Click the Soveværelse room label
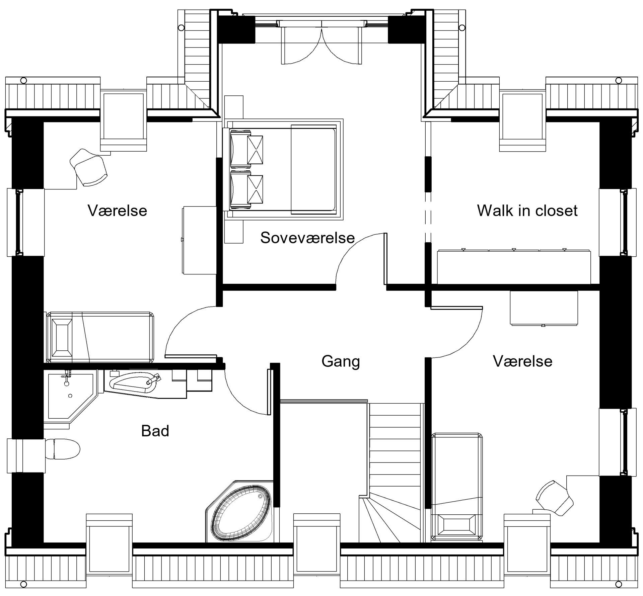tap(307, 238)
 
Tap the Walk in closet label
tap(527, 210)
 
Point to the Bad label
tap(155, 431)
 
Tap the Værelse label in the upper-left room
tap(118, 211)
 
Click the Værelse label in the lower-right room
tap(523, 361)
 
